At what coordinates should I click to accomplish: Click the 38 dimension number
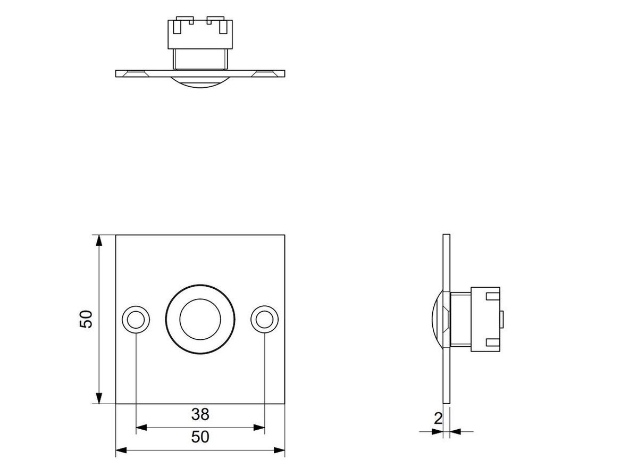pos(200,414)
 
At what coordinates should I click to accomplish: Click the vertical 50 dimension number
pos(86,319)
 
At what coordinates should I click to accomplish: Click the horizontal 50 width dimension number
pos(200,437)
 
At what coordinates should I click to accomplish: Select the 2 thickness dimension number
pos(438,419)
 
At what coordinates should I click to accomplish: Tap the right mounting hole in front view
pos(264,320)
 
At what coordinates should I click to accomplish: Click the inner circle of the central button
pos(200,319)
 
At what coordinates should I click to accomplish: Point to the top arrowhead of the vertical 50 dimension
pos(99,241)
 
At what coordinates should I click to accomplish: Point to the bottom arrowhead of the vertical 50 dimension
pos(99,397)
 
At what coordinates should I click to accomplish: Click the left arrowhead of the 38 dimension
pos(141,428)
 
